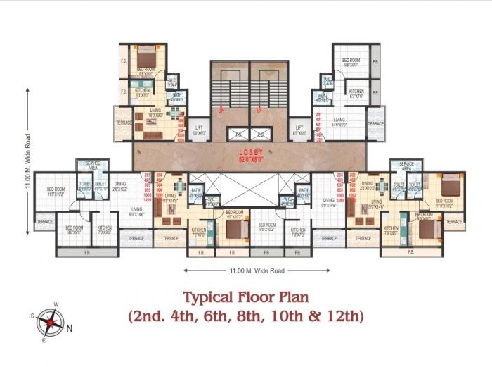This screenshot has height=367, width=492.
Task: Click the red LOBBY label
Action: click(x=251, y=151)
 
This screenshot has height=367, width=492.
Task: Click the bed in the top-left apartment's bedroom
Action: click(x=146, y=56)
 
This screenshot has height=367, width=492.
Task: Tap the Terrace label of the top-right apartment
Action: click(x=376, y=124)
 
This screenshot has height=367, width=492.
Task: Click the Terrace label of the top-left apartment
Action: click(x=124, y=123)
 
